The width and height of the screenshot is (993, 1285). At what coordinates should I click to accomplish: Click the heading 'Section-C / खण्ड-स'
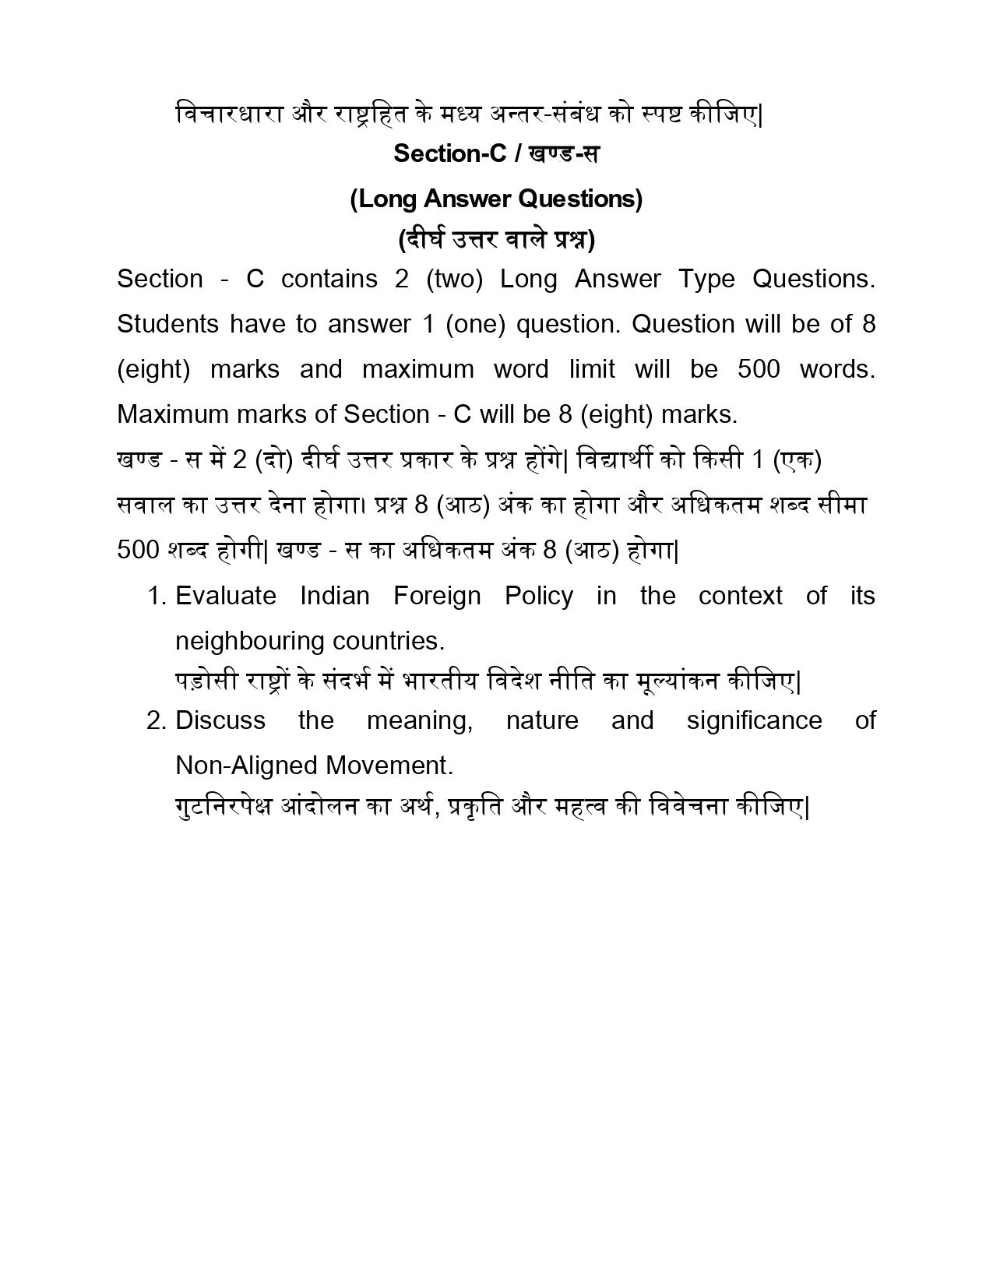pyautogui.click(x=496, y=153)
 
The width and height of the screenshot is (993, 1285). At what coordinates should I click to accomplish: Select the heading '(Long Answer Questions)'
pyautogui.click(x=496, y=199)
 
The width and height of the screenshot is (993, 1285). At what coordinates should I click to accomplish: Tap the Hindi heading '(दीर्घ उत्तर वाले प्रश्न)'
pyautogui.click(x=496, y=239)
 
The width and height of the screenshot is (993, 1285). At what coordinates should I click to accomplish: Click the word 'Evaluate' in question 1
pyautogui.click(x=226, y=596)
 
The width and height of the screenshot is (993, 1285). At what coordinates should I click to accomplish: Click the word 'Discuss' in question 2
pyautogui.click(x=220, y=720)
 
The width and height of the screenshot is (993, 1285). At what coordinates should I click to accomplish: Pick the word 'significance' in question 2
pyautogui.click(x=754, y=720)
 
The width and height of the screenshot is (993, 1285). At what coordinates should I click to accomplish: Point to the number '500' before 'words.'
pyautogui.click(x=758, y=369)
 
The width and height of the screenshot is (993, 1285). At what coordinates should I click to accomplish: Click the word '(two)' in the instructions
pyautogui.click(x=455, y=279)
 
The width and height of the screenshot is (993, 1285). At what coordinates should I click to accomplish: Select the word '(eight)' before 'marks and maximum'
pyautogui.click(x=153, y=369)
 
